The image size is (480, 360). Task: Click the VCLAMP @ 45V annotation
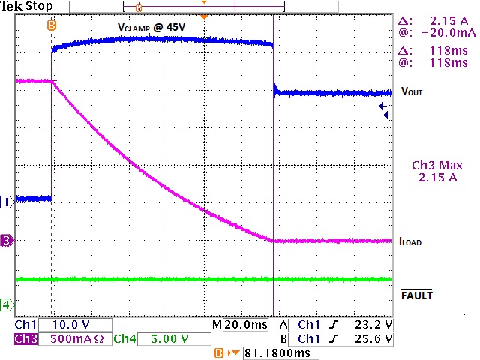click(x=151, y=27)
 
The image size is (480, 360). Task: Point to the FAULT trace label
click(x=417, y=295)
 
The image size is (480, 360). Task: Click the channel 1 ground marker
click(x=7, y=202)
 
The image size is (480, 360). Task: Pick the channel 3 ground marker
click(x=7, y=241)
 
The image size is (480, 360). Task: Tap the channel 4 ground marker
click(x=7, y=304)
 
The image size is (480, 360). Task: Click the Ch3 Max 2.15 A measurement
click(x=437, y=172)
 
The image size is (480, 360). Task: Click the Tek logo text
click(x=12, y=7)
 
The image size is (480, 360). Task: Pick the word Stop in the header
click(x=40, y=7)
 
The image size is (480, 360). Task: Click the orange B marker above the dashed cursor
click(x=51, y=25)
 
